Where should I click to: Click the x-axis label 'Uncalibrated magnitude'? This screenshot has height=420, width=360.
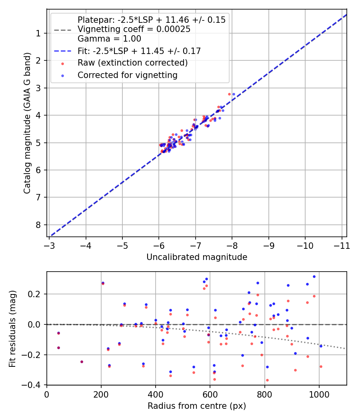pos(197,257)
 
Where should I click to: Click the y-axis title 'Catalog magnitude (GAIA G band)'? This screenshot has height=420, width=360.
pos(27,123)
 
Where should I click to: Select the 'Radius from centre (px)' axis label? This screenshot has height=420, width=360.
pos(197,406)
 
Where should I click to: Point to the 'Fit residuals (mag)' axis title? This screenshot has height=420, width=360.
pos(13,328)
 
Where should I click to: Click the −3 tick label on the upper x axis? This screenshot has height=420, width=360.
pos(49,245)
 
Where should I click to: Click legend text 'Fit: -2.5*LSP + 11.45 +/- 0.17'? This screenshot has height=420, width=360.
pos(139,51)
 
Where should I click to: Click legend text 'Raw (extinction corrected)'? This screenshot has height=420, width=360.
pos(132,63)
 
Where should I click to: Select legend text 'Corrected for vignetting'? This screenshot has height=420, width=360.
pos(128,75)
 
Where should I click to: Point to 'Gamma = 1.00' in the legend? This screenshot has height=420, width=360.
pos(109,39)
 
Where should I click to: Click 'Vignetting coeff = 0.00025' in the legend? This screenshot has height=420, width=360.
pos(134,29)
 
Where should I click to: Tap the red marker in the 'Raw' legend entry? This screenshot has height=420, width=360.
pos(62,63)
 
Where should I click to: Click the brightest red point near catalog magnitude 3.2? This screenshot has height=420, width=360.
pos(229,94)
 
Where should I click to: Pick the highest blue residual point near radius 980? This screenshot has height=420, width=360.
pos(314,276)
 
